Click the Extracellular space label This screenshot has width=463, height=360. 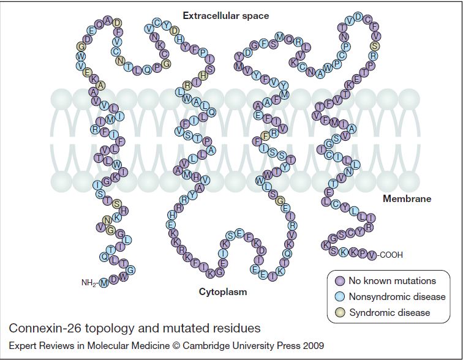(225, 15)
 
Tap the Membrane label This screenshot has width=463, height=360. (407, 198)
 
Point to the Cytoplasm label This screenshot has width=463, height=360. (223, 291)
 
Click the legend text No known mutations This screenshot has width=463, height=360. (392, 281)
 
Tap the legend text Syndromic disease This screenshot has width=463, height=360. (389, 313)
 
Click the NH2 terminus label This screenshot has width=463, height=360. (89, 283)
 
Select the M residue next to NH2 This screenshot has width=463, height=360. (104, 283)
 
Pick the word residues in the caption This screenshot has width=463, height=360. (238, 328)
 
